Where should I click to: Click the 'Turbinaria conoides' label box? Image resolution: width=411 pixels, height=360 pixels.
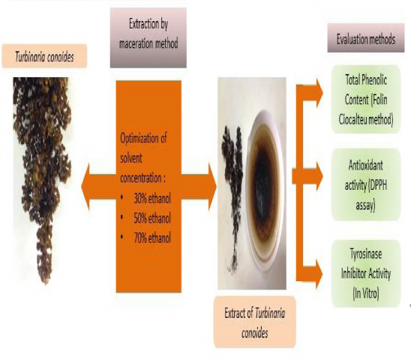44,56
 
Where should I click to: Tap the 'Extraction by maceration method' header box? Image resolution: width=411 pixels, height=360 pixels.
148,37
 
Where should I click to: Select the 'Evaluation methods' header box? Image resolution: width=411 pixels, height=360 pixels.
366,37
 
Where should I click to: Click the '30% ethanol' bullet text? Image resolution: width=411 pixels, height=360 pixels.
152,199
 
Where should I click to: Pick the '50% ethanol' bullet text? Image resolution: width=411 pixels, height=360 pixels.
152,218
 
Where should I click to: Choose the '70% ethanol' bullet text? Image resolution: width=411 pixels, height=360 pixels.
152,238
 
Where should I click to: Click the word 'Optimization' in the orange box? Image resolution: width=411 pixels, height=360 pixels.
143,139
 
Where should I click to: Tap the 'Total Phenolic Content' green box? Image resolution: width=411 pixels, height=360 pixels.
366,99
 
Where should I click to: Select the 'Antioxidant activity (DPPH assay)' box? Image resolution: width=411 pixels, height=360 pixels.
366,184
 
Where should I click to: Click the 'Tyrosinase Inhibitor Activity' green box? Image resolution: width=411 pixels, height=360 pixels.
366,274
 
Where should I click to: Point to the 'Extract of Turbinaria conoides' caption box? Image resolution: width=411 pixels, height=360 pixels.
255,322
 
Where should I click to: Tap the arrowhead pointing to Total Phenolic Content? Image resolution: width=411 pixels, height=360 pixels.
319,93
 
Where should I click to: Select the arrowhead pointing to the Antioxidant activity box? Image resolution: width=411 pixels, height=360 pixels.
319,176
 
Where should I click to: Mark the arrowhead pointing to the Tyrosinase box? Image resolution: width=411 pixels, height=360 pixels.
319,274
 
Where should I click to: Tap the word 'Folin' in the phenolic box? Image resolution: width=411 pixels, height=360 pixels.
379,100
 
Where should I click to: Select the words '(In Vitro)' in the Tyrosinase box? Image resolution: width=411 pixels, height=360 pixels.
366,294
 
